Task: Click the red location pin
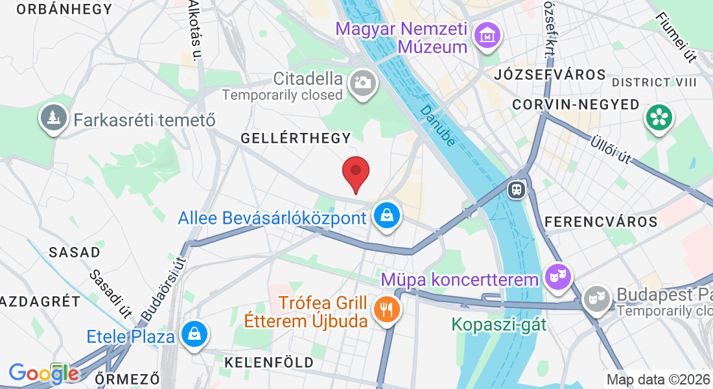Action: click(356, 172)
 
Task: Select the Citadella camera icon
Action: click(362, 84)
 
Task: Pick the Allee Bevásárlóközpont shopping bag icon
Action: click(387, 215)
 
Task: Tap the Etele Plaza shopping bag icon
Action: click(193, 335)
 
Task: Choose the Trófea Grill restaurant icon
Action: click(387, 309)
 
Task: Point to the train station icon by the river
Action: click(517, 189)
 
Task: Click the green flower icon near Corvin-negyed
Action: click(659, 118)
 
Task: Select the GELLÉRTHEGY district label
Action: click(296, 138)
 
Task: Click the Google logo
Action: click(43, 373)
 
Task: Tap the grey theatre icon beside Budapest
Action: click(596, 298)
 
